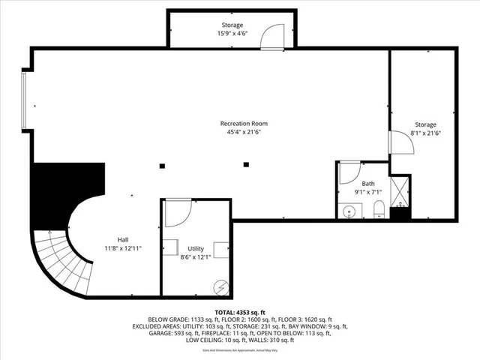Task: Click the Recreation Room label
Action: pyautogui.click(x=243, y=124)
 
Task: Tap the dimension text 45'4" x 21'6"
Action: pyautogui.click(x=243, y=132)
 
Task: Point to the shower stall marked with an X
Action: pyautogui.click(x=399, y=190)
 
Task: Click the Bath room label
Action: pyautogui.click(x=367, y=184)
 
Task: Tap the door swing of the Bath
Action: pyautogui.click(x=349, y=173)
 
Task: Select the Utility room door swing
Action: pyautogui.click(x=177, y=213)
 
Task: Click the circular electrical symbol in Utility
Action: pyautogui.click(x=220, y=286)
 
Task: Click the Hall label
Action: pyautogui.click(x=122, y=239)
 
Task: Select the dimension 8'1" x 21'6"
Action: pyautogui.click(x=425, y=133)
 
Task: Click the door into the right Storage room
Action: pyautogui.click(x=400, y=142)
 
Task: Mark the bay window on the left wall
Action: pyautogui.click(x=25, y=99)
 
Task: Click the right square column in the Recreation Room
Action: pyautogui.click(x=246, y=164)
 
